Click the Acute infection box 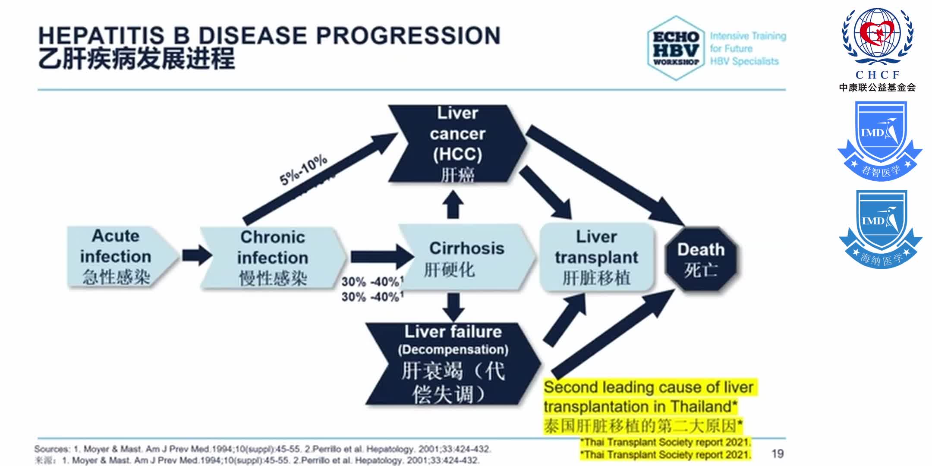pyautogui.click(x=116, y=256)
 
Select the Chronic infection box pyautogui.click(x=272, y=258)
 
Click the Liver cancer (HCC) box pyautogui.click(x=457, y=144)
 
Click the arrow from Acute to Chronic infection pyautogui.click(x=197, y=255)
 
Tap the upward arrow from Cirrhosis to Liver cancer pyautogui.click(x=453, y=205)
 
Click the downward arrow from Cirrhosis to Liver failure pyautogui.click(x=453, y=307)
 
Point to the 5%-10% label pyautogui.click(x=303, y=170)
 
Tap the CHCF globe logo pyautogui.click(x=878, y=36)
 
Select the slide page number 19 pyautogui.click(x=778, y=453)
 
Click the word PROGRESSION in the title pyautogui.click(x=408, y=35)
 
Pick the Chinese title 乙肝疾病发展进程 pyautogui.click(x=136, y=59)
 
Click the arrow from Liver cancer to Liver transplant pyautogui.click(x=546, y=192)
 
